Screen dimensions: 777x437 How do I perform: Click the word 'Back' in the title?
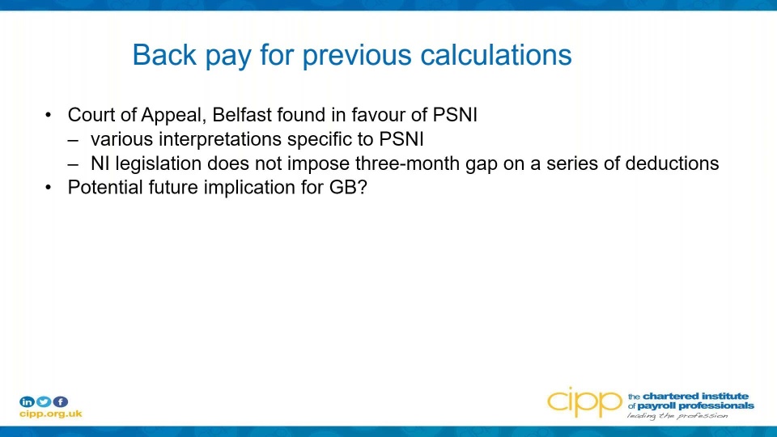164,54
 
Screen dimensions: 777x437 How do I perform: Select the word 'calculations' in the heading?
496,54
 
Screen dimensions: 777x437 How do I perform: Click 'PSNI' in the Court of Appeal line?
455,115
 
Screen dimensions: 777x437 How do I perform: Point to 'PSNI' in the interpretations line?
401,139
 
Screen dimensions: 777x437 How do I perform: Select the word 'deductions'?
672,163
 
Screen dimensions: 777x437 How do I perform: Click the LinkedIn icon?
27,401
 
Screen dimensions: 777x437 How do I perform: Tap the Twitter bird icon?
44,401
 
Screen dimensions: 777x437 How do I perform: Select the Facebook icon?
61,401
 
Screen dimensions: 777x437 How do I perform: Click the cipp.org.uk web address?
50,414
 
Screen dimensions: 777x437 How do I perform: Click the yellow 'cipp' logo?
584,402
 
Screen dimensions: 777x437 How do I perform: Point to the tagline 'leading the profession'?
677,415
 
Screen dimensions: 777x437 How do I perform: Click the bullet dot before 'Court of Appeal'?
48,116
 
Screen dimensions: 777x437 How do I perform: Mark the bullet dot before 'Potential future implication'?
48,189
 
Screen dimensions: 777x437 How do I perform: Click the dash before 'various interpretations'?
73,140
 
